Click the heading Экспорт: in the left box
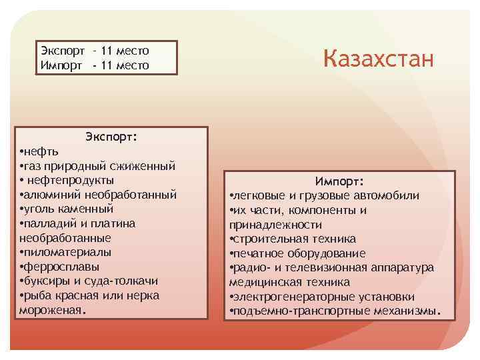click(x=111, y=137)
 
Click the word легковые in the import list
click(x=257, y=195)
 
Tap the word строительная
click(x=270, y=239)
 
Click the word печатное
click(x=258, y=253)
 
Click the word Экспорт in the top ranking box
click(x=63, y=51)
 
